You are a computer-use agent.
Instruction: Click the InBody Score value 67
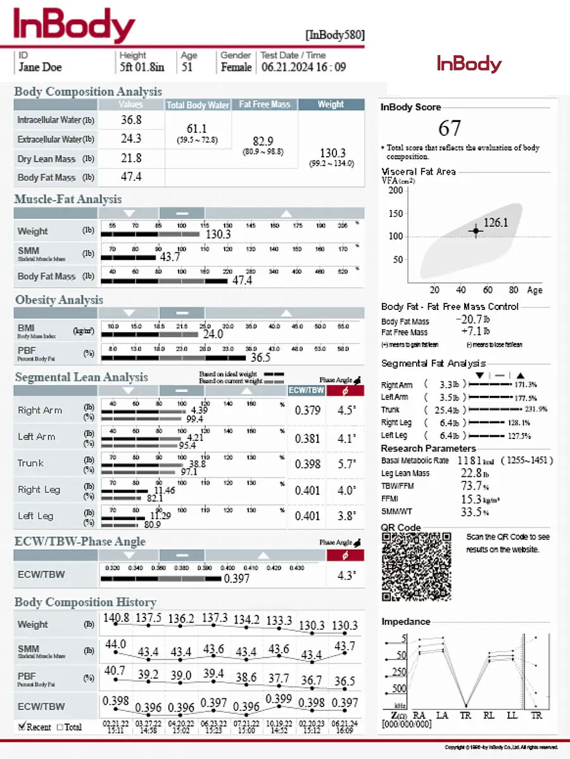(x=450, y=128)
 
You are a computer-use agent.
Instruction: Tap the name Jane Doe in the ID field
(x=40, y=67)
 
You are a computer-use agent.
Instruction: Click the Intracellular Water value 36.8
(x=131, y=120)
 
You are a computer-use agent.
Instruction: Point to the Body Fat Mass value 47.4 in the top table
(x=131, y=177)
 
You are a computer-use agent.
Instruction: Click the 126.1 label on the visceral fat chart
(x=496, y=222)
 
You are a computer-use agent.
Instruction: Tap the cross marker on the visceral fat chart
(x=476, y=231)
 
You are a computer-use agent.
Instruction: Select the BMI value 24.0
(x=212, y=334)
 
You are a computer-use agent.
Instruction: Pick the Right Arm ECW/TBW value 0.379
(x=308, y=410)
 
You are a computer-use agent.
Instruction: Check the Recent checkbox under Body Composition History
(x=22, y=726)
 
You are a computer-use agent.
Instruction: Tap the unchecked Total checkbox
(x=60, y=727)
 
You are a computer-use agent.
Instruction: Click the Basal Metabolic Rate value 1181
(x=470, y=460)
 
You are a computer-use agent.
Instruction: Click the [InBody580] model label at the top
(x=334, y=35)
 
